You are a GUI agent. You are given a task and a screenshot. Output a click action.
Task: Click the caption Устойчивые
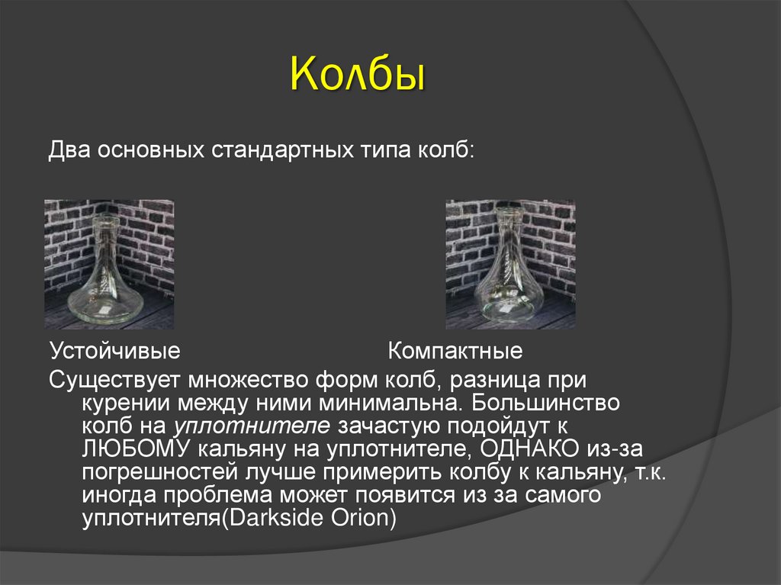[x=114, y=352]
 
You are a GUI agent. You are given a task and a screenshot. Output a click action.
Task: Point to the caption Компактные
[x=455, y=352]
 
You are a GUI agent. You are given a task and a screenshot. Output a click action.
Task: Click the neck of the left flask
[x=106, y=236]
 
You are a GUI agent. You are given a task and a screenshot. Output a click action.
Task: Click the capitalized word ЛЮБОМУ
[x=130, y=448]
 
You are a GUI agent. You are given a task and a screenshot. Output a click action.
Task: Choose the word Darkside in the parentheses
[x=286, y=518]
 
